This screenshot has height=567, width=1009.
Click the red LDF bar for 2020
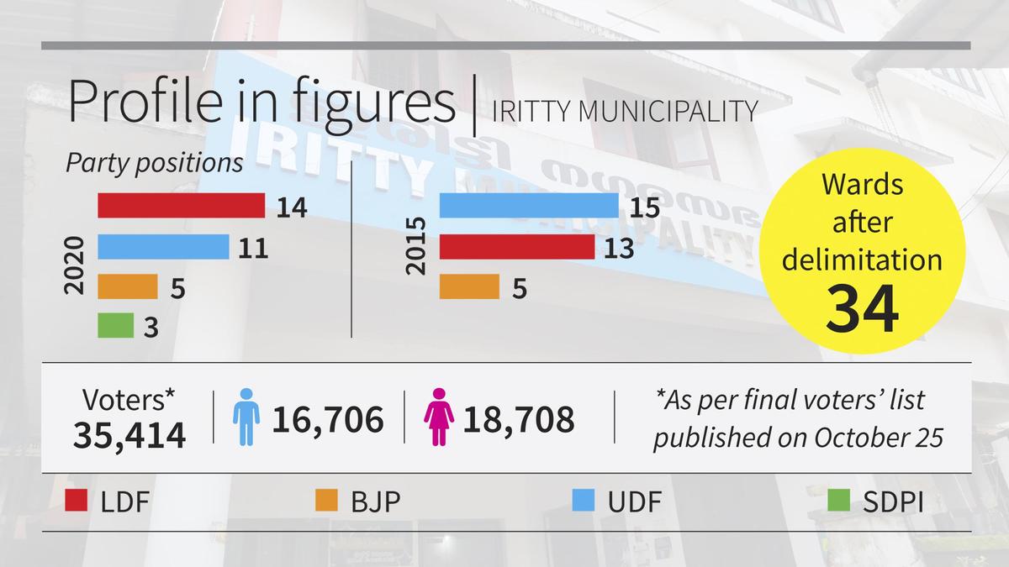[x=181, y=206]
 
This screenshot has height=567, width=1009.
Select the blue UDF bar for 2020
[x=163, y=247]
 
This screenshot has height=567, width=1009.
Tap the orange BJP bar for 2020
[x=128, y=287]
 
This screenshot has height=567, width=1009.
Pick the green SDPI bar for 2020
[x=115, y=326]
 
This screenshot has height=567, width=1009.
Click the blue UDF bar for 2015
[x=529, y=206]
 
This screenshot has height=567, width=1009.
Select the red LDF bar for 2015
[x=517, y=247]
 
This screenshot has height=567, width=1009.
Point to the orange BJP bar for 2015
[x=469, y=287]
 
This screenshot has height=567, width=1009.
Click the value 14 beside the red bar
[x=291, y=207]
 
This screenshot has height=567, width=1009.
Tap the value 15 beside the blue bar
[x=645, y=207]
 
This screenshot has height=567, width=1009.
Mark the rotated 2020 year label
[x=76, y=264]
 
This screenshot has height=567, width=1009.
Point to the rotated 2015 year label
[x=416, y=247]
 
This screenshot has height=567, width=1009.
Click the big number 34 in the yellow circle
[x=861, y=308]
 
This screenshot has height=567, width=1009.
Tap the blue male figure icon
[x=245, y=417]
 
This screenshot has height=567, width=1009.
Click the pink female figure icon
[x=439, y=417]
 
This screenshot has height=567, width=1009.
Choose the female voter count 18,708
[x=520, y=418]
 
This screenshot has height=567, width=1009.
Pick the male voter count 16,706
[x=328, y=418]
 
